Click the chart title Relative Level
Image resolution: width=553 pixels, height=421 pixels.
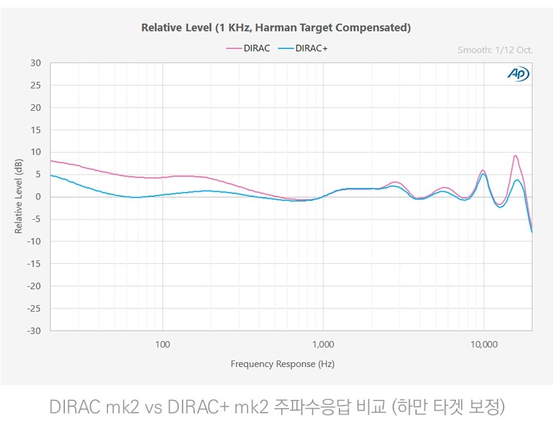276,28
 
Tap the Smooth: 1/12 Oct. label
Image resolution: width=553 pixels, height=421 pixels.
494,50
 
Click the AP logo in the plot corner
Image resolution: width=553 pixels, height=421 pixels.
518,75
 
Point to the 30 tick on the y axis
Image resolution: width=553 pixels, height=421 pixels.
35,63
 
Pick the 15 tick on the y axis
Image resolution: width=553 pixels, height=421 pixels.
35,130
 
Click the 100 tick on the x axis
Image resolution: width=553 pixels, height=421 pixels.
163,344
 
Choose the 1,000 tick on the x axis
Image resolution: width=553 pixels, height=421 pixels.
323,344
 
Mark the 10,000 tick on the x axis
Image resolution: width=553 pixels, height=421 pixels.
484,344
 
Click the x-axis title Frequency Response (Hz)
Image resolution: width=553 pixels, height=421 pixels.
282,364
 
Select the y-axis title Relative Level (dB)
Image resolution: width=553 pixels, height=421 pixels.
19,197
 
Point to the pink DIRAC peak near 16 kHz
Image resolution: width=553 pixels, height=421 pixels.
515,156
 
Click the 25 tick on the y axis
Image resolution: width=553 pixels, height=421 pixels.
35,86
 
